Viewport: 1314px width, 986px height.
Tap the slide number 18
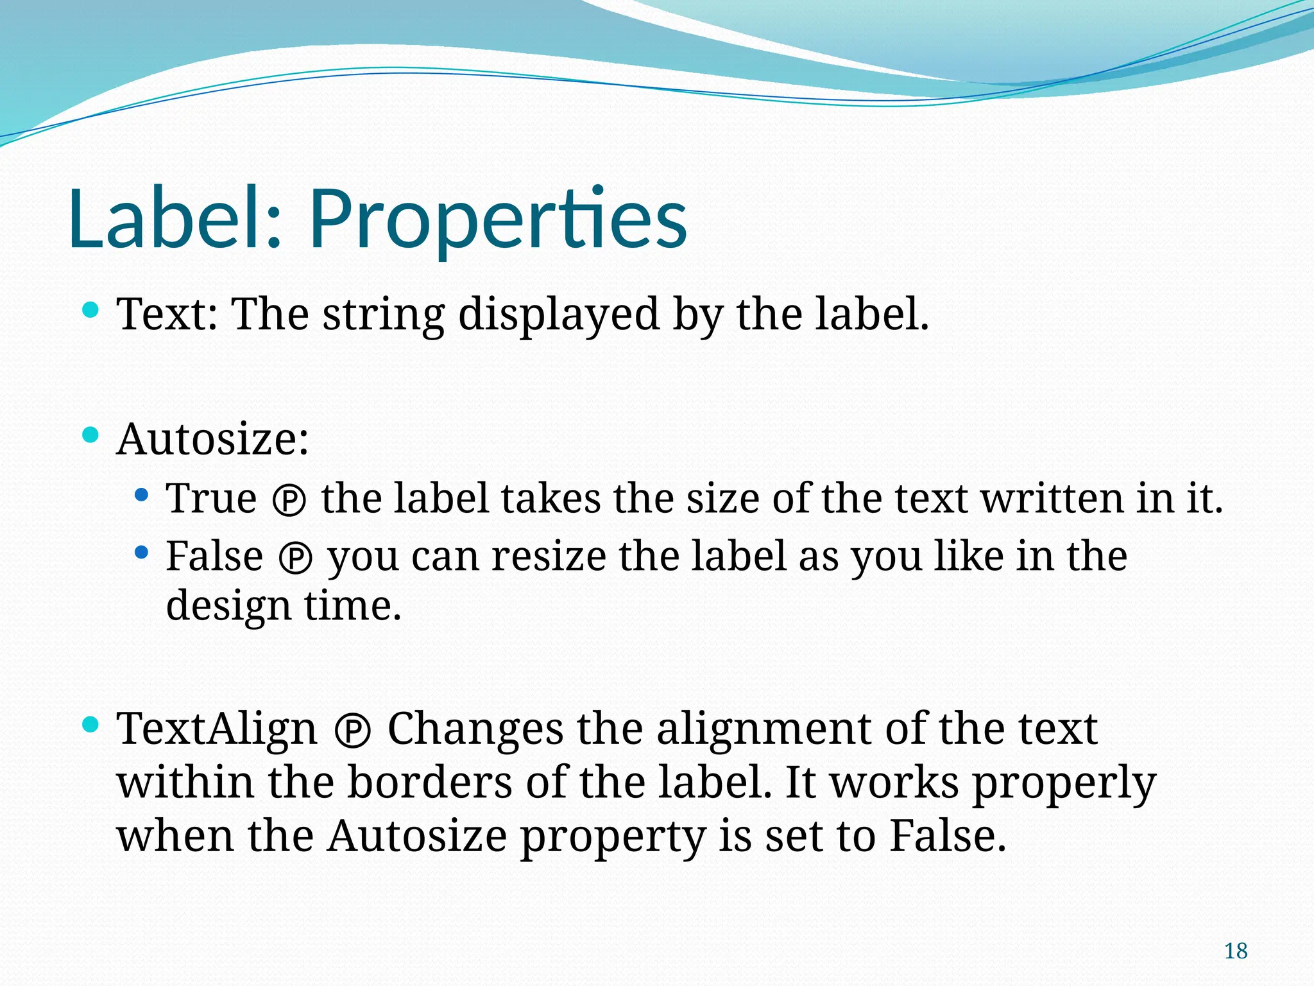point(1235,951)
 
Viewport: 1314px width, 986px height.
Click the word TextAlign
point(217,729)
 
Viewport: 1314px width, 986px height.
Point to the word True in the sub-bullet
point(211,499)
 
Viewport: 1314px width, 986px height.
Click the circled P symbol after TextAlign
point(352,732)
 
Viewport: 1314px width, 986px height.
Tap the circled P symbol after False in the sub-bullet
point(296,558)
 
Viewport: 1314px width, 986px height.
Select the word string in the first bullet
point(383,315)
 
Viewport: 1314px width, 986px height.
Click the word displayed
point(559,315)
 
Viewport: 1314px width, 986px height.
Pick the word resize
point(549,557)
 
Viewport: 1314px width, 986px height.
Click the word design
point(228,607)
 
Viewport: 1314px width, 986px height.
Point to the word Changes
point(475,729)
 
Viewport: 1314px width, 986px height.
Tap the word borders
point(430,783)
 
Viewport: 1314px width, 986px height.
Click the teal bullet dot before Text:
point(91,311)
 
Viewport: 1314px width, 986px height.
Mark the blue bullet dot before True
point(142,495)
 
